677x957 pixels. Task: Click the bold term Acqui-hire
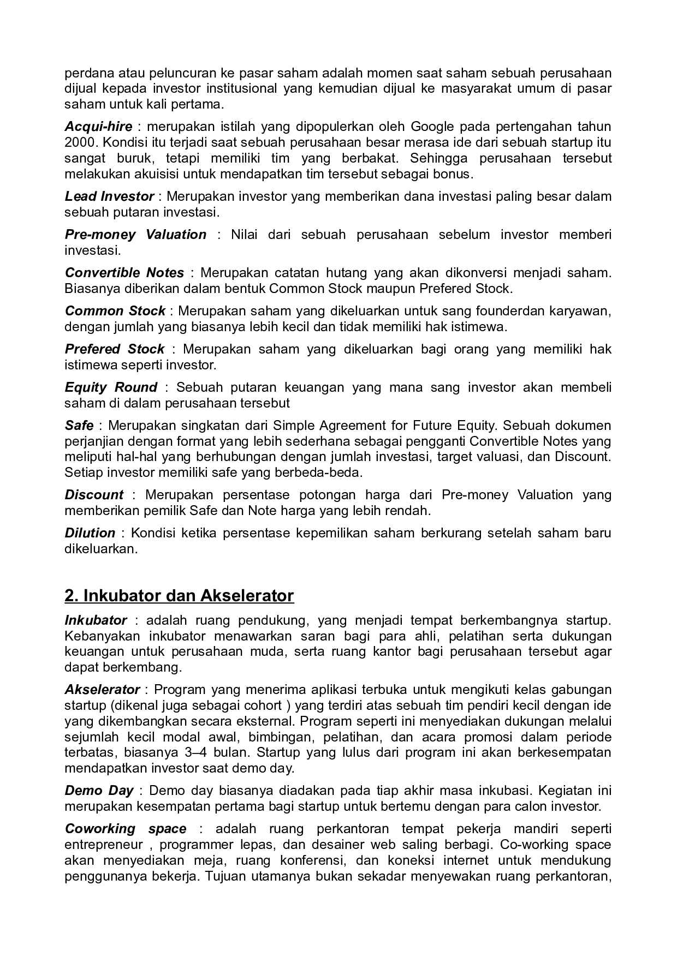pyautogui.click(x=98, y=127)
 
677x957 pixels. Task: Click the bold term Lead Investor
pyautogui.click(x=109, y=196)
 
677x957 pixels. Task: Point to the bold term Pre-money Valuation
pyautogui.click(x=135, y=234)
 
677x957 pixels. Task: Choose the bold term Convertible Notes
pyautogui.click(x=124, y=272)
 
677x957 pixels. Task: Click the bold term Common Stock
pyautogui.click(x=115, y=310)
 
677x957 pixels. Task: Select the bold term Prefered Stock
pyautogui.click(x=114, y=349)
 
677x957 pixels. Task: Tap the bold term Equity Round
pyautogui.click(x=111, y=387)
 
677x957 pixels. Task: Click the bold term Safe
pyautogui.click(x=79, y=425)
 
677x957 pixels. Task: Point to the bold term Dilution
pyautogui.click(x=90, y=533)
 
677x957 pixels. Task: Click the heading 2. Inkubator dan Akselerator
pyautogui.click(x=179, y=595)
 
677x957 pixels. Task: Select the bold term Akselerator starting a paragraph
pyautogui.click(x=102, y=689)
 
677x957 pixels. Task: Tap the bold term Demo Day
pyautogui.click(x=99, y=790)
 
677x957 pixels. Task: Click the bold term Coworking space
pyautogui.click(x=126, y=828)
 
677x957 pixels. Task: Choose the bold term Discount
pyautogui.click(x=94, y=494)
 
